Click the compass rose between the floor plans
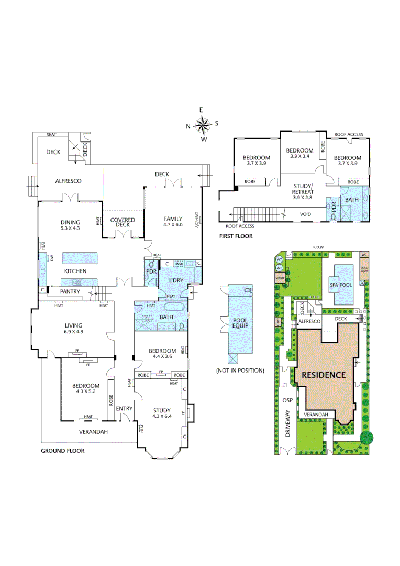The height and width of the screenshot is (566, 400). [x=202, y=125]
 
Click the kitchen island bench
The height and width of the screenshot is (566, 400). [x=80, y=258]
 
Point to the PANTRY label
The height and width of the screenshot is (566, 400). [x=69, y=291]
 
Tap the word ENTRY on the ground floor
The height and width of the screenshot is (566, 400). [x=124, y=408]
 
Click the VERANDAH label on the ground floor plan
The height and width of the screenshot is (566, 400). [x=93, y=432]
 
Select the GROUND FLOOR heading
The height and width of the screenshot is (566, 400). [x=62, y=450]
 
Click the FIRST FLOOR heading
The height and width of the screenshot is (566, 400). [x=236, y=236]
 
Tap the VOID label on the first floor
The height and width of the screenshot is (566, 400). [x=305, y=214]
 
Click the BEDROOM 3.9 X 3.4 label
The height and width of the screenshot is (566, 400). [x=299, y=153]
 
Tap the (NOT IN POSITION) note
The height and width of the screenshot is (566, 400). [x=239, y=371]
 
